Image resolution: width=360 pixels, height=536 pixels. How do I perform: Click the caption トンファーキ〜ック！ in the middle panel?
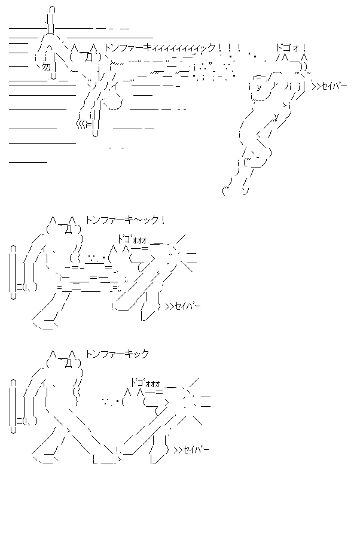tap(125, 220)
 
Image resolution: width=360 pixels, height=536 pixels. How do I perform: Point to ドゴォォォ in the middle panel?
tap(133, 239)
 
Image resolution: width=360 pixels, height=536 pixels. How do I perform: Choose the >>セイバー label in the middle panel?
tap(182, 307)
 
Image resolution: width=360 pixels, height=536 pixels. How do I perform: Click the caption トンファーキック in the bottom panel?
tap(117, 354)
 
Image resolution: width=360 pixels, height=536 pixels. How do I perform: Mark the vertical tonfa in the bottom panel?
tap(13, 407)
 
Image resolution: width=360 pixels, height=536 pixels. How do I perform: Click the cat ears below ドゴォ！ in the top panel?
tap(295, 58)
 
